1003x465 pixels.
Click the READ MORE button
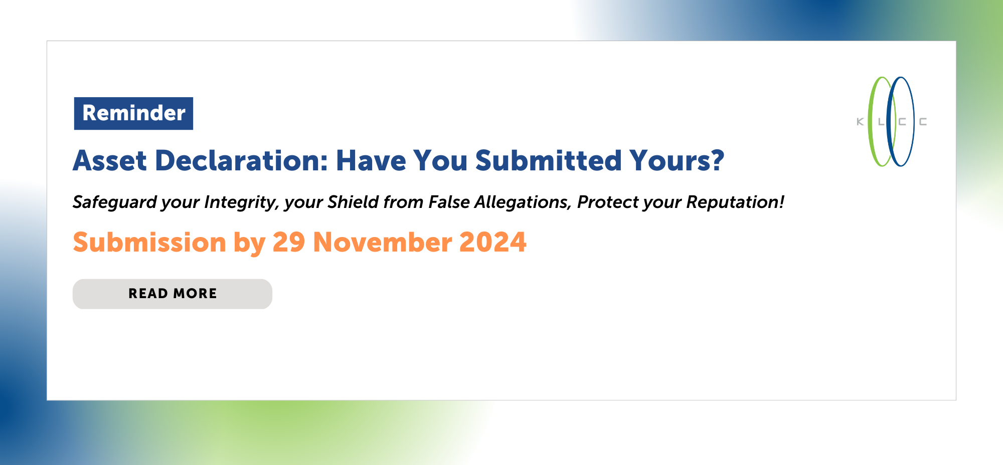coord(173,294)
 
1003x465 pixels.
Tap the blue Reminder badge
coord(133,113)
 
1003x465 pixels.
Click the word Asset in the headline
coord(110,161)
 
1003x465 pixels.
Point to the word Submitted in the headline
coord(549,161)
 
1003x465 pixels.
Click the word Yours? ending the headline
coord(677,161)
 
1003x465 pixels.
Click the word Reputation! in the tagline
coord(735,202)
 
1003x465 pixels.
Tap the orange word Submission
coord(149,242)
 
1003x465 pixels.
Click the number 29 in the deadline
coord(289,242)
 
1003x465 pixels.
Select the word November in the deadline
coord(383,242)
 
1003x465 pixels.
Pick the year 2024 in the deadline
coord(493,242)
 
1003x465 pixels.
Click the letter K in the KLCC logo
coord(860,122)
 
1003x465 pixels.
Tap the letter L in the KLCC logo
coord(881,122)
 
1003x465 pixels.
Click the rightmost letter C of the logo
coord(923,122)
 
